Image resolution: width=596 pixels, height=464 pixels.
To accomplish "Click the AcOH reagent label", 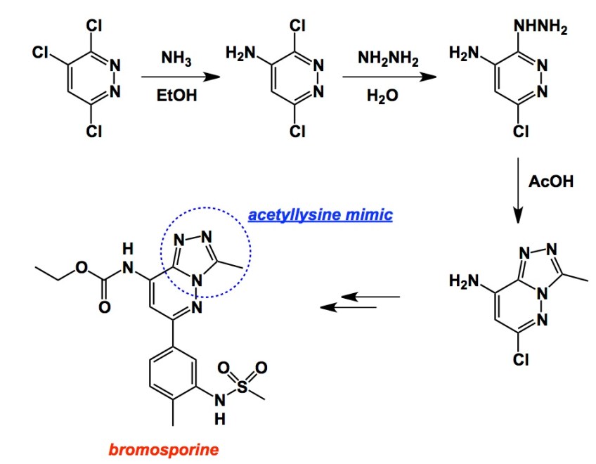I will click(550, 181).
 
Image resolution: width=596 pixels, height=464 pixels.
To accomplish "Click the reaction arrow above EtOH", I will click(177, 76).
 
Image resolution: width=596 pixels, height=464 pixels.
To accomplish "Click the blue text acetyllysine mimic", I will click(320, 214).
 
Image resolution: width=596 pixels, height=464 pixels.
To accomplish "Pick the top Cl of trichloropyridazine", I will click(93, 25).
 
